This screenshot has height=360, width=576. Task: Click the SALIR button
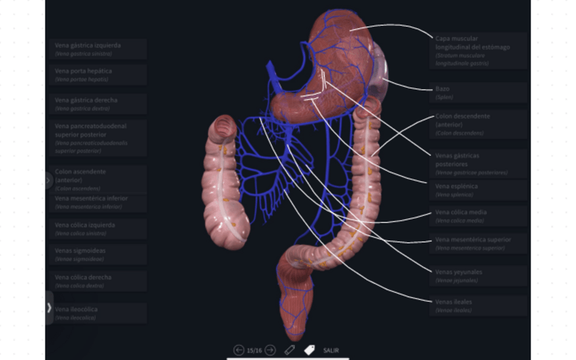(331, 350)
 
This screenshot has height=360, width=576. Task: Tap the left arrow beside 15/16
(238, 350)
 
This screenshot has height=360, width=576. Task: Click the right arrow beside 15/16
(270, 350)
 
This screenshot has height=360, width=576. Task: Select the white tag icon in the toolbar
(310, 350)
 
